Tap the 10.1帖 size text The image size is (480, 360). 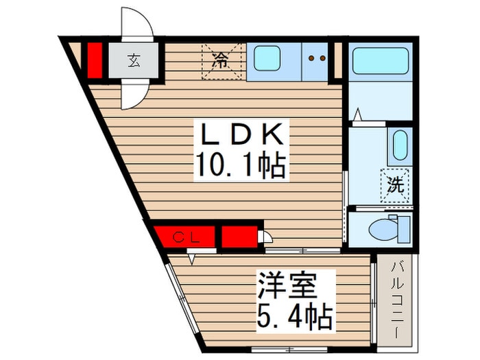242,166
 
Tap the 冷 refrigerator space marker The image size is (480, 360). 221,60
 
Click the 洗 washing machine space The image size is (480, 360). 396,184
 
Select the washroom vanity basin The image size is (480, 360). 399,145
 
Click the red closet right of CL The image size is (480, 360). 240,236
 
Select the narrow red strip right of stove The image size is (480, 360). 336,60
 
